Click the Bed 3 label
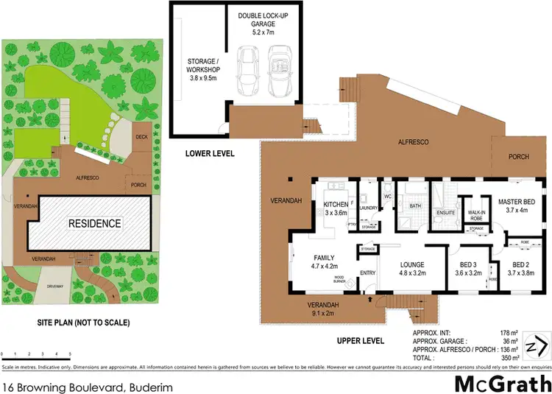pos(469,270)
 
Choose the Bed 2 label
pos(520,270)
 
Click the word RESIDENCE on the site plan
pos(94,223)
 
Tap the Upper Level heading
pos(361,341)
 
